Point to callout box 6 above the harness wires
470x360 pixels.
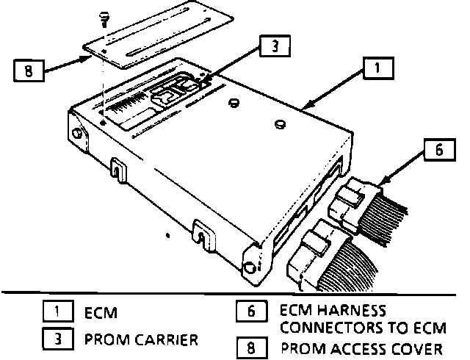pyautogui.click(x=438, y=151)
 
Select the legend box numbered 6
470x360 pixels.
pyautogui.click(x=250, y=312)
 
